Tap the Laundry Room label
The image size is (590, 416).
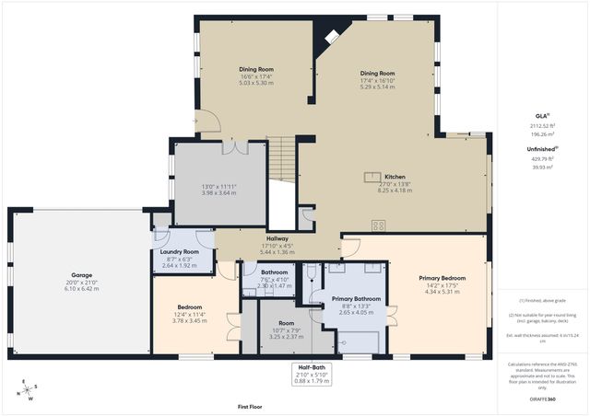pos(180,251)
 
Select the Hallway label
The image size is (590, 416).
pos(277,237)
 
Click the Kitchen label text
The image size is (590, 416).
pos(395,176)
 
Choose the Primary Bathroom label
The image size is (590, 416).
pos(355,298)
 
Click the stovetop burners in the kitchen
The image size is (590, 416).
pos(378,224)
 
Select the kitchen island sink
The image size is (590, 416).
pos(372,176)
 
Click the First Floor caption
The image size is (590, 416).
pos(250,405)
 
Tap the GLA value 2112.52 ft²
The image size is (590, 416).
pos(542,125)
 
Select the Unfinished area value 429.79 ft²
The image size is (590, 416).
pos(542,158)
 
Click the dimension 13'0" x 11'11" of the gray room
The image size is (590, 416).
pos(219,187)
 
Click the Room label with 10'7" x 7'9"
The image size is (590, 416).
pos(287,324)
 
